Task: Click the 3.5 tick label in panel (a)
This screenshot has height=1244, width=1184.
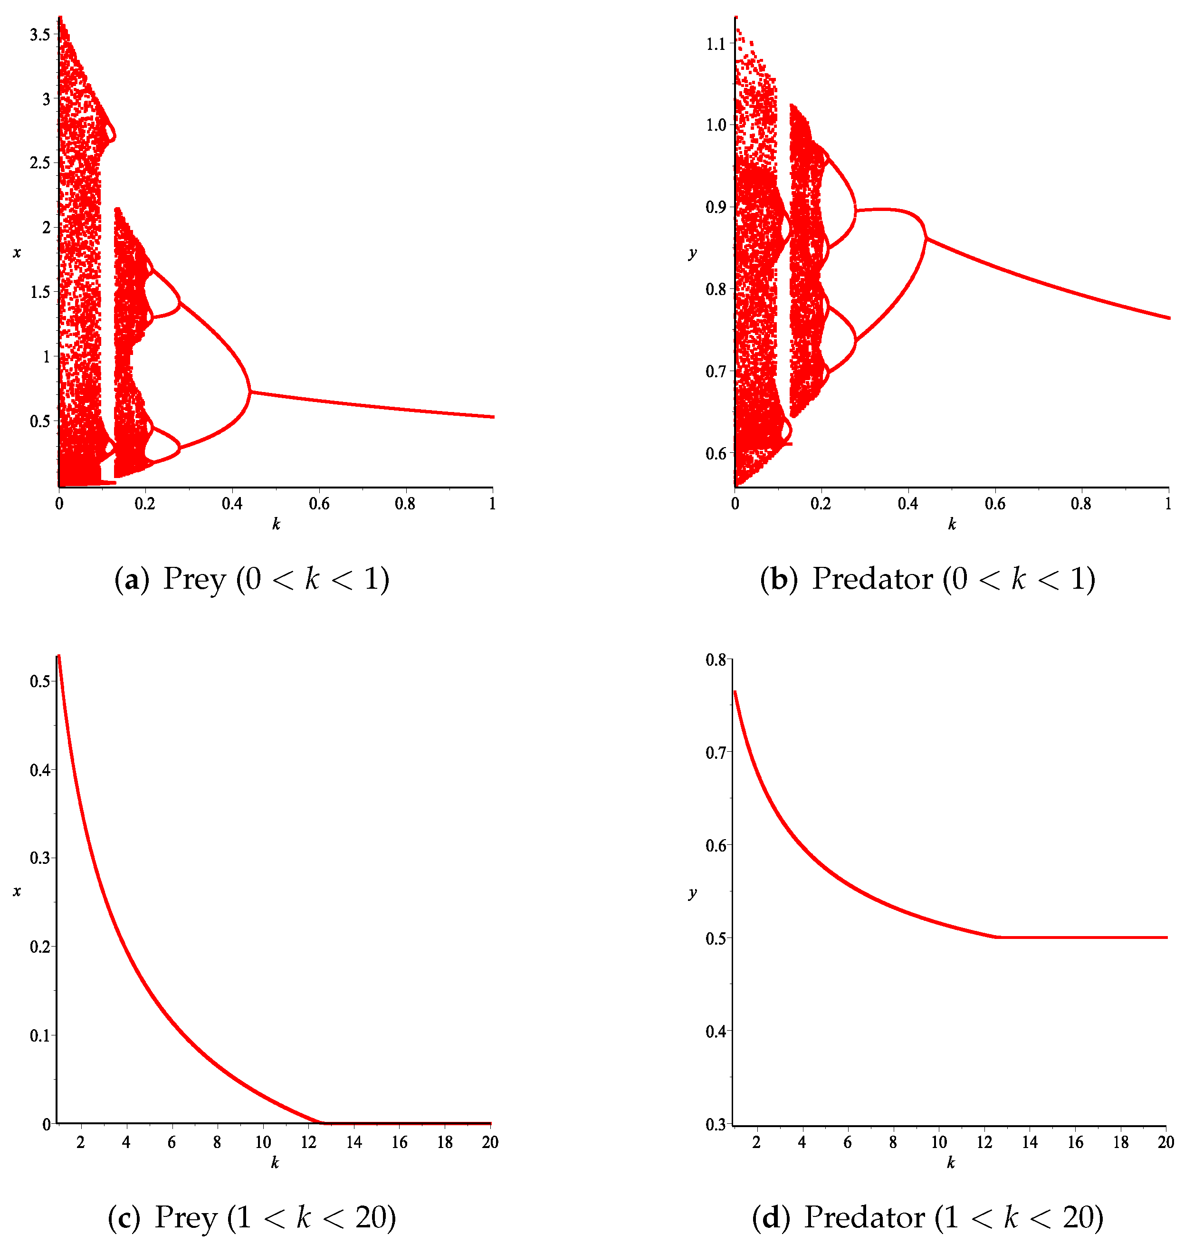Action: [x=39, y=34]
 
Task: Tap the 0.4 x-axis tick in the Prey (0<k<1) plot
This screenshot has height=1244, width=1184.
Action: [x=232, y=503]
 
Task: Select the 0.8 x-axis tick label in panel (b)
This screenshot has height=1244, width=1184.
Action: [x=1080, y=503]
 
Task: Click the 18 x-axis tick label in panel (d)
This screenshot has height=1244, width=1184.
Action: [x=1121, y=1142]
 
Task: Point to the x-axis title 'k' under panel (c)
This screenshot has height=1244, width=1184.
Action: [x=275, y=1163]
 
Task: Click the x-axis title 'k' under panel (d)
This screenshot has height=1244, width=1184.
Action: [x=951, y=1163]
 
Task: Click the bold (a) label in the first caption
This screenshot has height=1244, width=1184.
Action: [x=131, y=579]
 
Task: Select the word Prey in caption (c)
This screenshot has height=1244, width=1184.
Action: [x=186, y=1217]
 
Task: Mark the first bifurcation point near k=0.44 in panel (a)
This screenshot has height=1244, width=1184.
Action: [x=250, y=392]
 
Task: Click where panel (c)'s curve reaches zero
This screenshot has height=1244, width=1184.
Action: [x=322, y=1123]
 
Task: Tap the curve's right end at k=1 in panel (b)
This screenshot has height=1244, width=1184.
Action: [x=1168, y=317]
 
